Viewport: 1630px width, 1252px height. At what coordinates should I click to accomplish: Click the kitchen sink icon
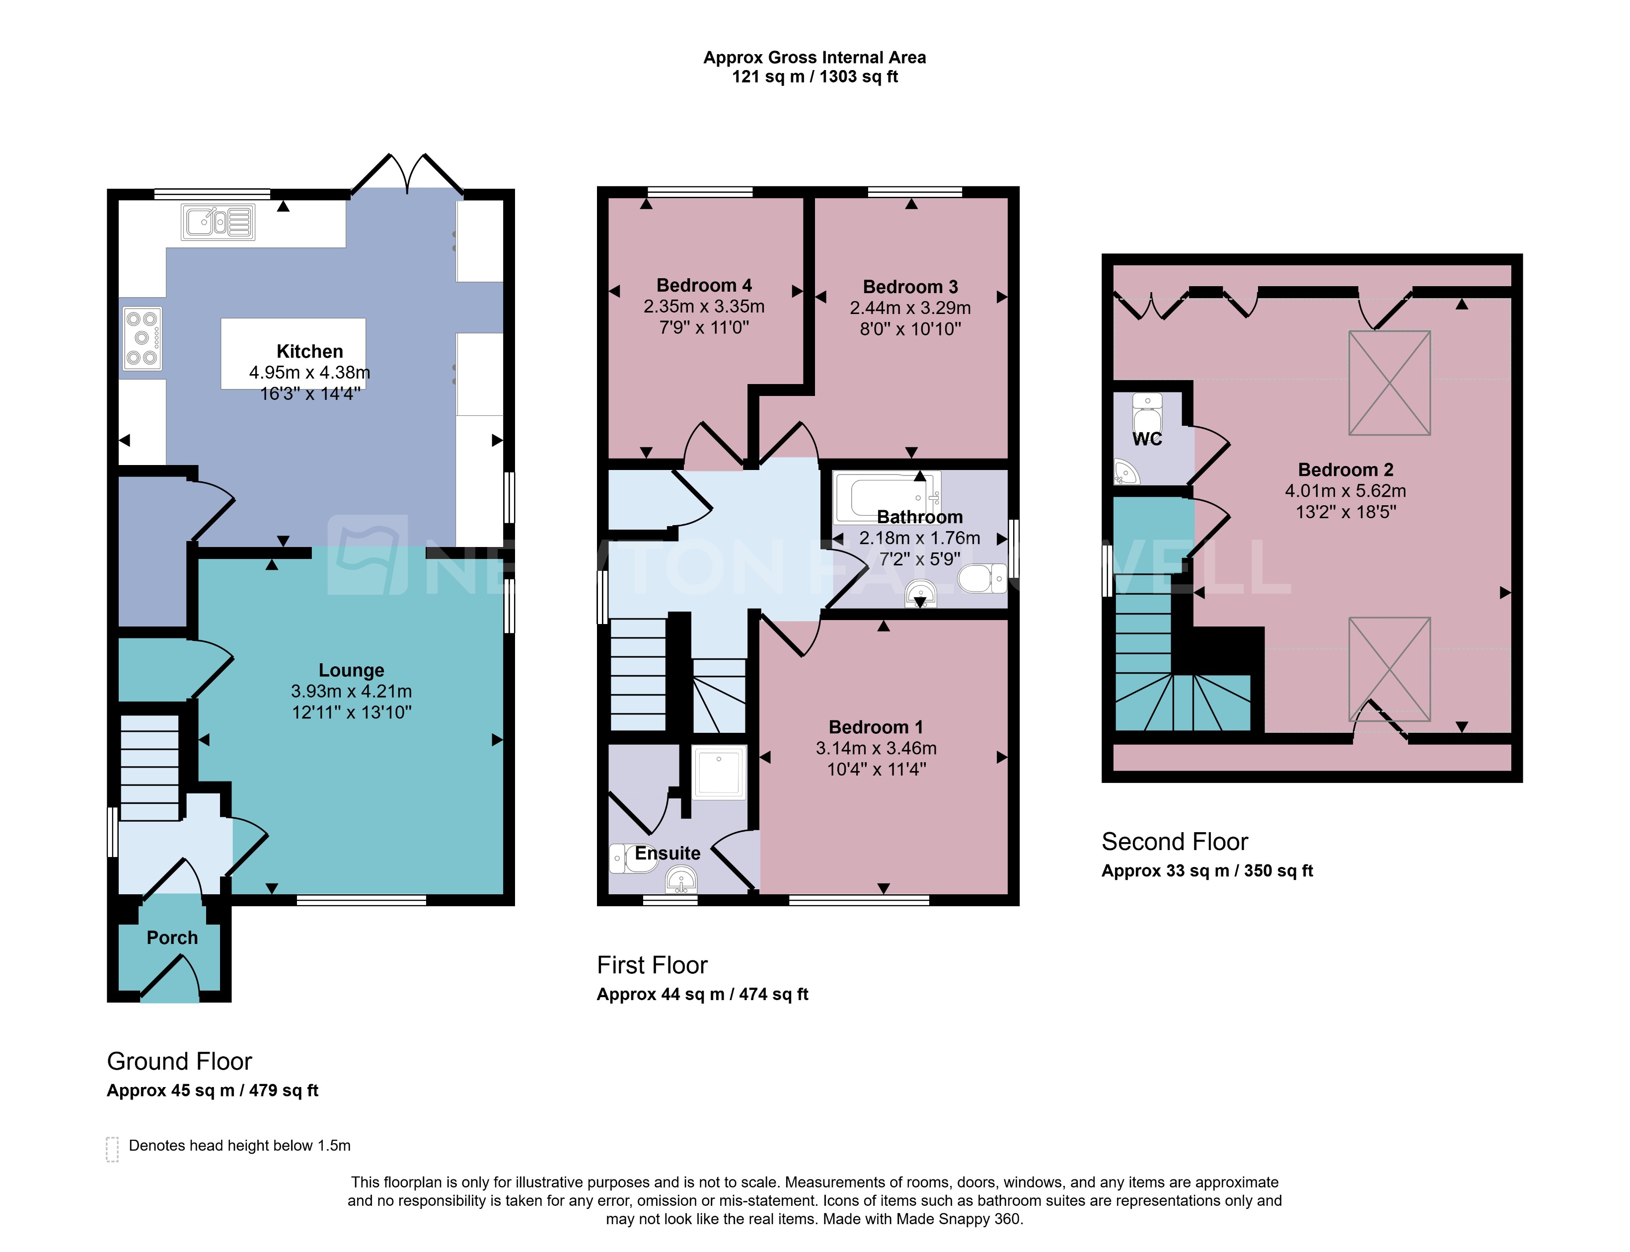pyautogui.click(x=218, y=222)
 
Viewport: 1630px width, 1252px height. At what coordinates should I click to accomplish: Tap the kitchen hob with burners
pyautogui.click(x=142, y=338)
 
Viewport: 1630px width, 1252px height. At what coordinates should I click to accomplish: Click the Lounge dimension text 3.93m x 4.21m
pyautogui.click(x=351, y=691)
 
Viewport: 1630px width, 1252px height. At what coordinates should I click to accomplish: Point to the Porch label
pyautogui.click(x=172, y=938)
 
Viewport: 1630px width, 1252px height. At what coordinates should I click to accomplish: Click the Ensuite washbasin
pyautogui.click(x=681, y=880)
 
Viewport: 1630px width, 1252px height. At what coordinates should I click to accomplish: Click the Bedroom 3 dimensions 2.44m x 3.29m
pyautogui.click(x=910, y=308)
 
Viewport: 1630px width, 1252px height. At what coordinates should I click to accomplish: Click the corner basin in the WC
pyautogui.click(x=1125, y=472)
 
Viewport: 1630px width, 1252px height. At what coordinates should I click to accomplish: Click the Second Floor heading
pyautogui.click(x=1174, y=842)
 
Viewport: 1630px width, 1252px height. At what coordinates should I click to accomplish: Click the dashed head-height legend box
pyautogui.click(x=112, y=1149)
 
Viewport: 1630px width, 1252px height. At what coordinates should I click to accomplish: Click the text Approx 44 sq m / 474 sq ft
pyautogui.click(x=702, y=994)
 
